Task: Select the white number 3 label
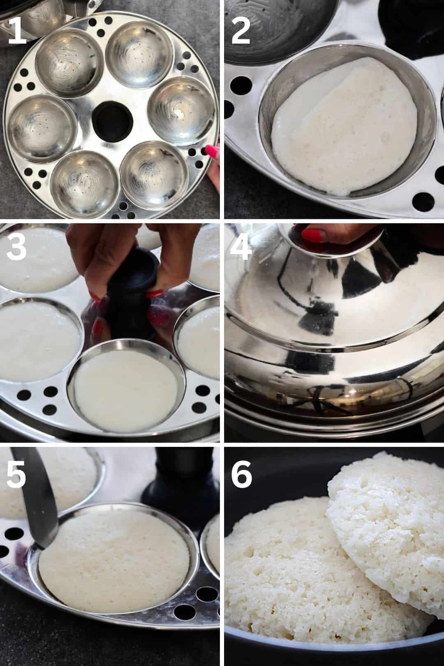pos(16,247)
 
